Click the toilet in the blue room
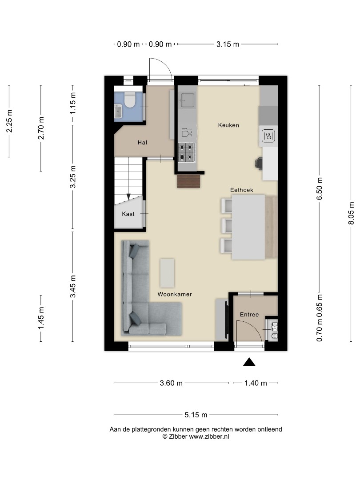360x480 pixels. click(x=130, y=100)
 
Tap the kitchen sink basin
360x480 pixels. click(x=188, y=100)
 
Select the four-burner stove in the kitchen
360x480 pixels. click(x=187, y=152)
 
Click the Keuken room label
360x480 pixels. click(x=228, y=125)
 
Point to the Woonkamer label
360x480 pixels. click(x=175, y=294)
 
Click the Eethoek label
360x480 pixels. click(x=241, y=190)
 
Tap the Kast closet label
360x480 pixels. click(x=128, y=214)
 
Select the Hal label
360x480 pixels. click(x=142, y=142)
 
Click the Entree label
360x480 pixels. click(x=249, y=314)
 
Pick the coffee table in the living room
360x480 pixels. click(x=167, y=273)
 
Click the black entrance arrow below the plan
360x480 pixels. click(x=249, y=362)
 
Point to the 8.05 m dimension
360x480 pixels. click(x=351, y=213)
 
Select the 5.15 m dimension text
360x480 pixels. click(x=196, y=415)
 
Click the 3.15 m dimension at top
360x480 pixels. click(x=228, y=44)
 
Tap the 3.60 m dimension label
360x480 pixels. click(x=171, y=383)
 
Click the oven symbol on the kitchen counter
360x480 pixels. click(x=268, y=135)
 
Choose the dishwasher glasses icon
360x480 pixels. click(x=187, y=132)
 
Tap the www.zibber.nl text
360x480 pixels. click(x=209, y=436)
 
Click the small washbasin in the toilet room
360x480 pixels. click(x=118, y=111)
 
